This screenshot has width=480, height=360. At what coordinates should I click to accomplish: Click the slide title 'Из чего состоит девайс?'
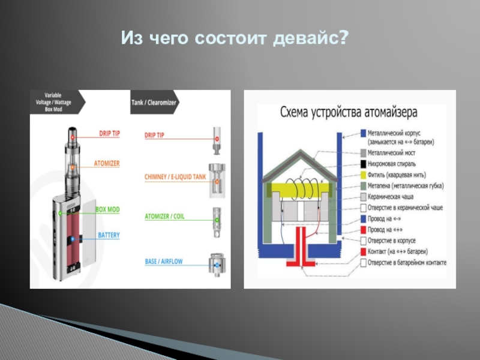[x=235, y=39]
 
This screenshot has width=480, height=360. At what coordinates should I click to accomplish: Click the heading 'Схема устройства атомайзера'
[x=350, y=112]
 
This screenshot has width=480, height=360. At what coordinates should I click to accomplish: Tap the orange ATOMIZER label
[x=107, y=163]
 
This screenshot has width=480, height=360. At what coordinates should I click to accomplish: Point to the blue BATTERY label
[x=109, y=235]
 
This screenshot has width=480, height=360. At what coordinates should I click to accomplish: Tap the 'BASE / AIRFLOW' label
[x=163, y=262]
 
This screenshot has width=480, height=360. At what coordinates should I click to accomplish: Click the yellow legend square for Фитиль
[x=364, y=175]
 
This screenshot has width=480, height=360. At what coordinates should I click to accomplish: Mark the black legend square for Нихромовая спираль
[x=364, y=164]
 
